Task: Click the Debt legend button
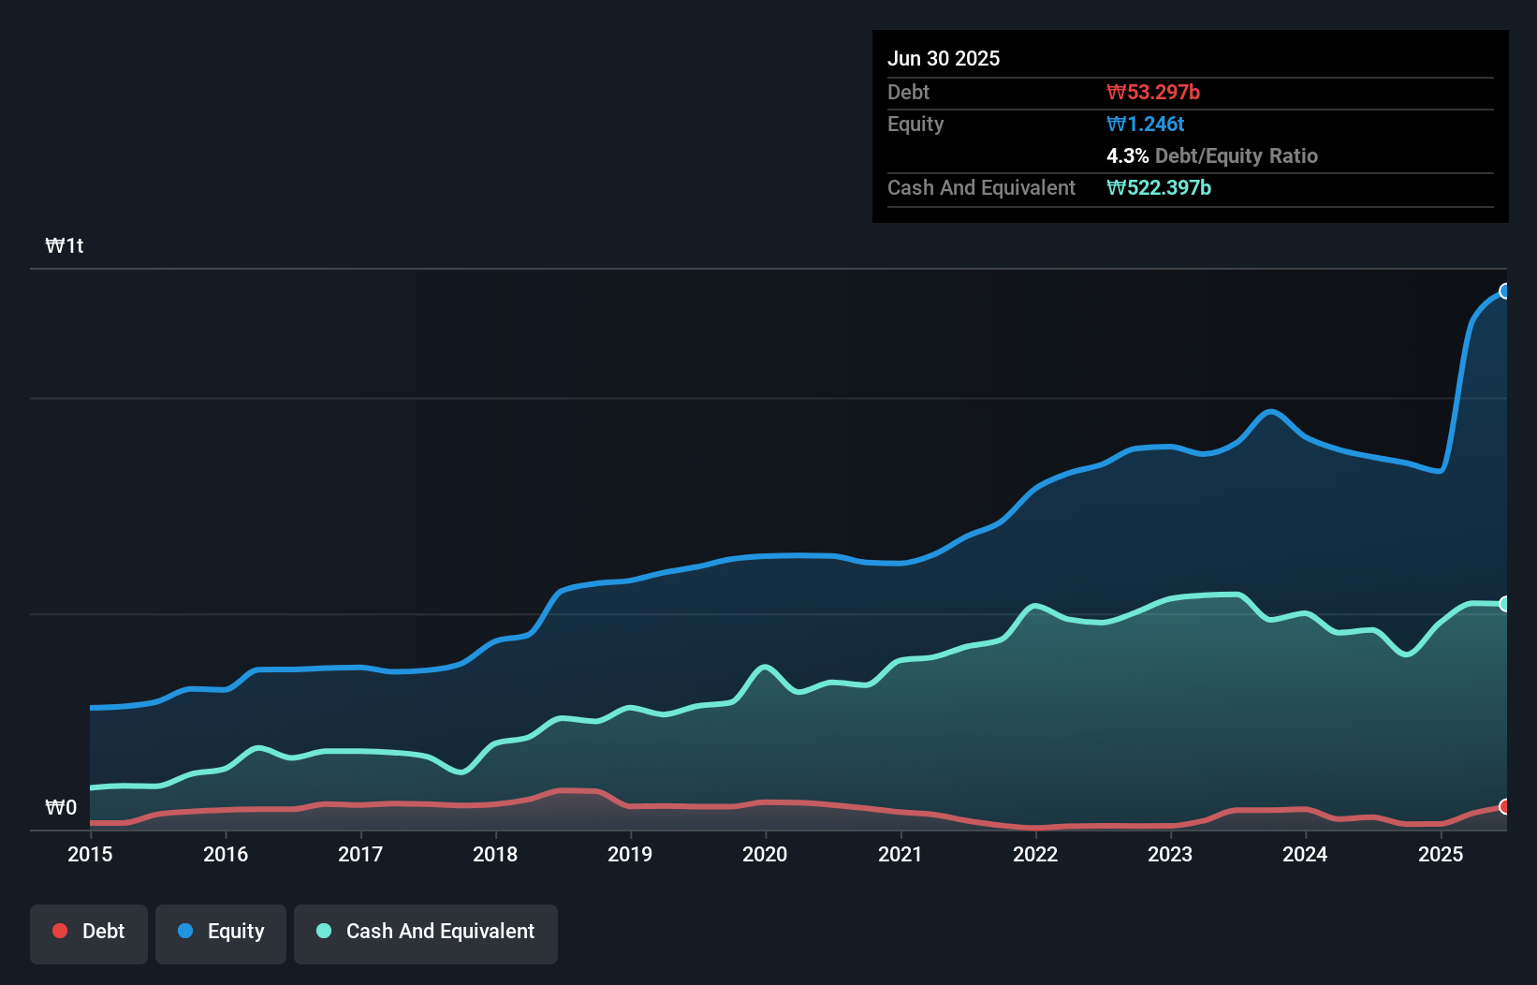(x=89, y=933)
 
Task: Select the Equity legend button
(x=221, y=933)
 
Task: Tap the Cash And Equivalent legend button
(x=426, y=933)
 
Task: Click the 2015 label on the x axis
(x=90, y=854)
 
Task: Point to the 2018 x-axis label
(x=495, y=854)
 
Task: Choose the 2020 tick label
(x=765, y=854)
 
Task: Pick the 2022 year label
(x=1035, y=854)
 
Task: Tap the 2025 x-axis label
(x=1441, y=854)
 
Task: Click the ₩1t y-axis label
(x=65, y=246)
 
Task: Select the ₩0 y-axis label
(x=61, y=808)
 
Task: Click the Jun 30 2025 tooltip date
(x=944, y=59)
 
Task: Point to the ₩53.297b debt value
(x=1153, y=93)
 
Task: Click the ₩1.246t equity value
(x=1146, y=125)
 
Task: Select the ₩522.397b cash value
(x=1159, y=188)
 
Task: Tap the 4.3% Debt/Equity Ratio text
(x=1212, y=156)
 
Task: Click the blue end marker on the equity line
(x=1504, y=291)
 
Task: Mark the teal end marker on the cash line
(x=1504, y=604)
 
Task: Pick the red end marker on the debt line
(x=1504, y=806)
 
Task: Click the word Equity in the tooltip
(x=915, y=125)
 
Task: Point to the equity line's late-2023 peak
(x=1270, y=411)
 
